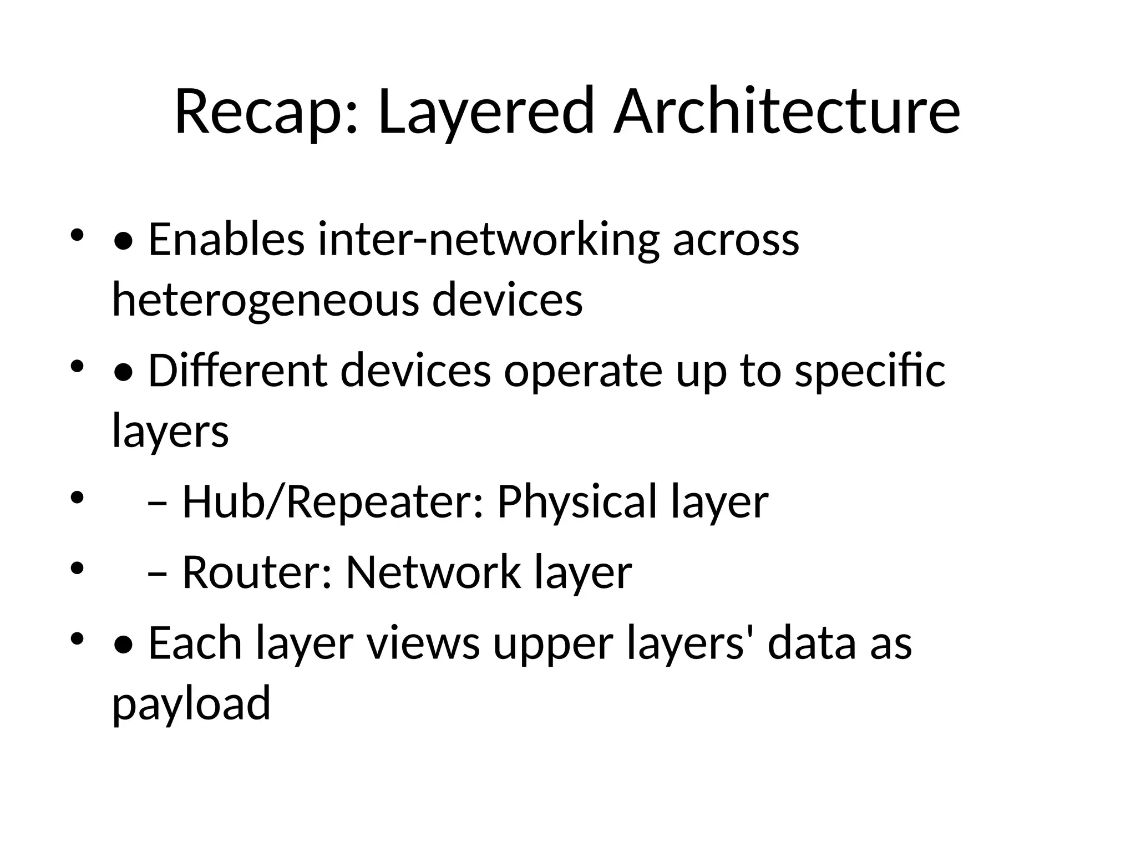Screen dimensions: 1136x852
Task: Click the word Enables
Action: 226,240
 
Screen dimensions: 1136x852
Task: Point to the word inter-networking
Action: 489,240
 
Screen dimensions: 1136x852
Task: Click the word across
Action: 736,240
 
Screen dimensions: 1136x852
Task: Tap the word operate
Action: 583,371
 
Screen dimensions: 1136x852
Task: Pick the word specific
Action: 870,371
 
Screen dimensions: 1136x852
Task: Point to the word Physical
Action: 577,502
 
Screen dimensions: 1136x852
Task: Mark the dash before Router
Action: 158,574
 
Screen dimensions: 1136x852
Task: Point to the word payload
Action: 191,703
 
